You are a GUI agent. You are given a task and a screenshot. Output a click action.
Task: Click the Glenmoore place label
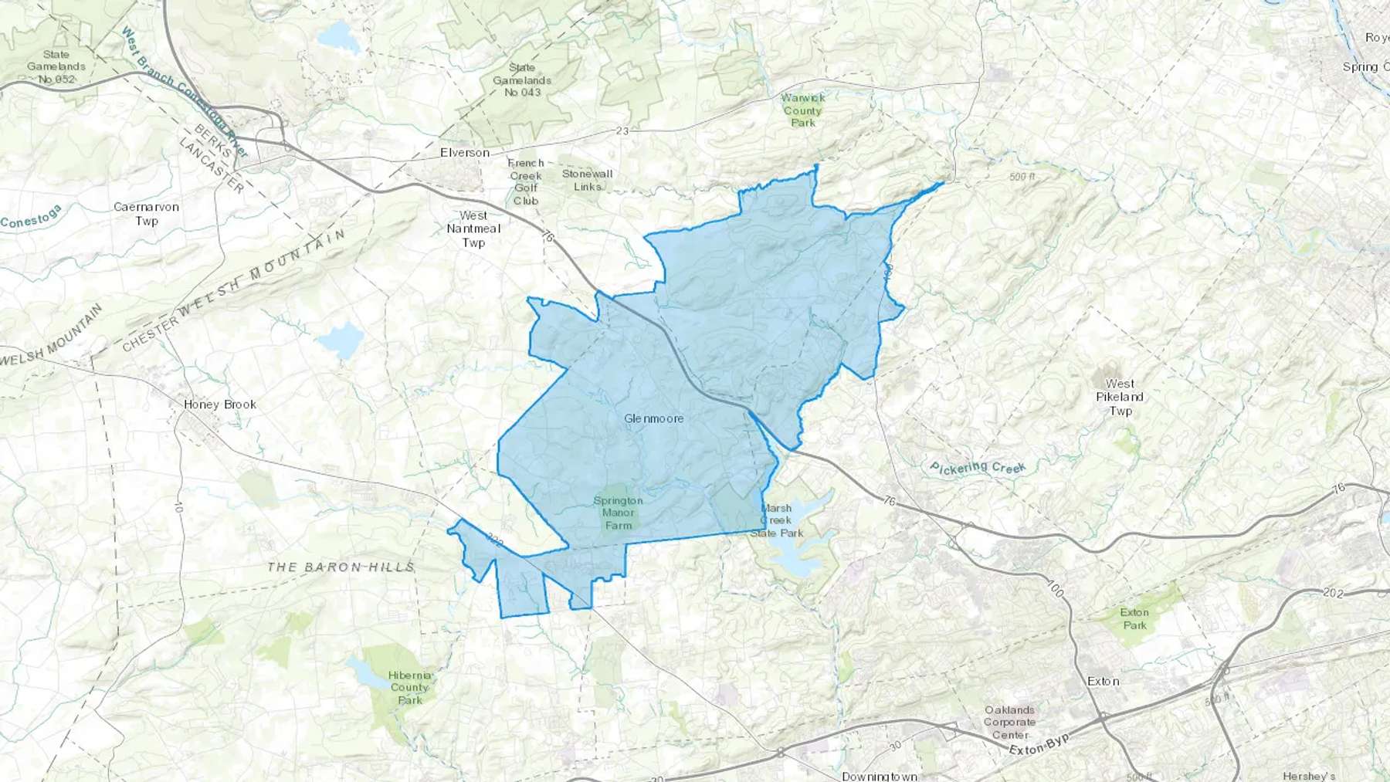[x=653, y=418]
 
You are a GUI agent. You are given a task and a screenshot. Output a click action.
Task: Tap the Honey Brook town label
[x=220, y=405]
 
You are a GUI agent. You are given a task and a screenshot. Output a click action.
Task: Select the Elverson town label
[x=465, y=153]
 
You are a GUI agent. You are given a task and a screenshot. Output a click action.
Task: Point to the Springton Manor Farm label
[x=618, y=513]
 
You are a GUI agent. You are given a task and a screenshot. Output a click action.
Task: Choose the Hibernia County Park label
[x=409, y=687]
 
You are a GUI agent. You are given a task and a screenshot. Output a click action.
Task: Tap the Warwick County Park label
[x=803, y=110]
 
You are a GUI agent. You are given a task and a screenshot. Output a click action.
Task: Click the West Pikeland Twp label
[x=1120, y=397]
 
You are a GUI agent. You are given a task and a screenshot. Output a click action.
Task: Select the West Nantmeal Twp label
[x=473, y=229]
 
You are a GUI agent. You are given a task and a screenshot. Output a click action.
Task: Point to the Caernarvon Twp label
[x=146, y=214]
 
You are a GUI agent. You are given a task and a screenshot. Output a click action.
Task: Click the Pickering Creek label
[x=978, y=468]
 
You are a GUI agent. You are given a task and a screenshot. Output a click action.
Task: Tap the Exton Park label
[x=1134, y=618]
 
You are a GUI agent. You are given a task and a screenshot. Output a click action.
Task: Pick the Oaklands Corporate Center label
[x=1009, y=723]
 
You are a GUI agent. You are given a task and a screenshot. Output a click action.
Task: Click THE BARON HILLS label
[x=341, y=567]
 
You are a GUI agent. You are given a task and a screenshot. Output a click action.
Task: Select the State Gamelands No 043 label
[x=523, y=80]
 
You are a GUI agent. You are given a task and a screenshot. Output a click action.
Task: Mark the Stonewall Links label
[x=587, y=180]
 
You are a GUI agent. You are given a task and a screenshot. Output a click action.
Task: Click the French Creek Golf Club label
[x=526, y=182]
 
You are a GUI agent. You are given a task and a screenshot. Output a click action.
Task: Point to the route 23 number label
[x=622, y=131]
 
